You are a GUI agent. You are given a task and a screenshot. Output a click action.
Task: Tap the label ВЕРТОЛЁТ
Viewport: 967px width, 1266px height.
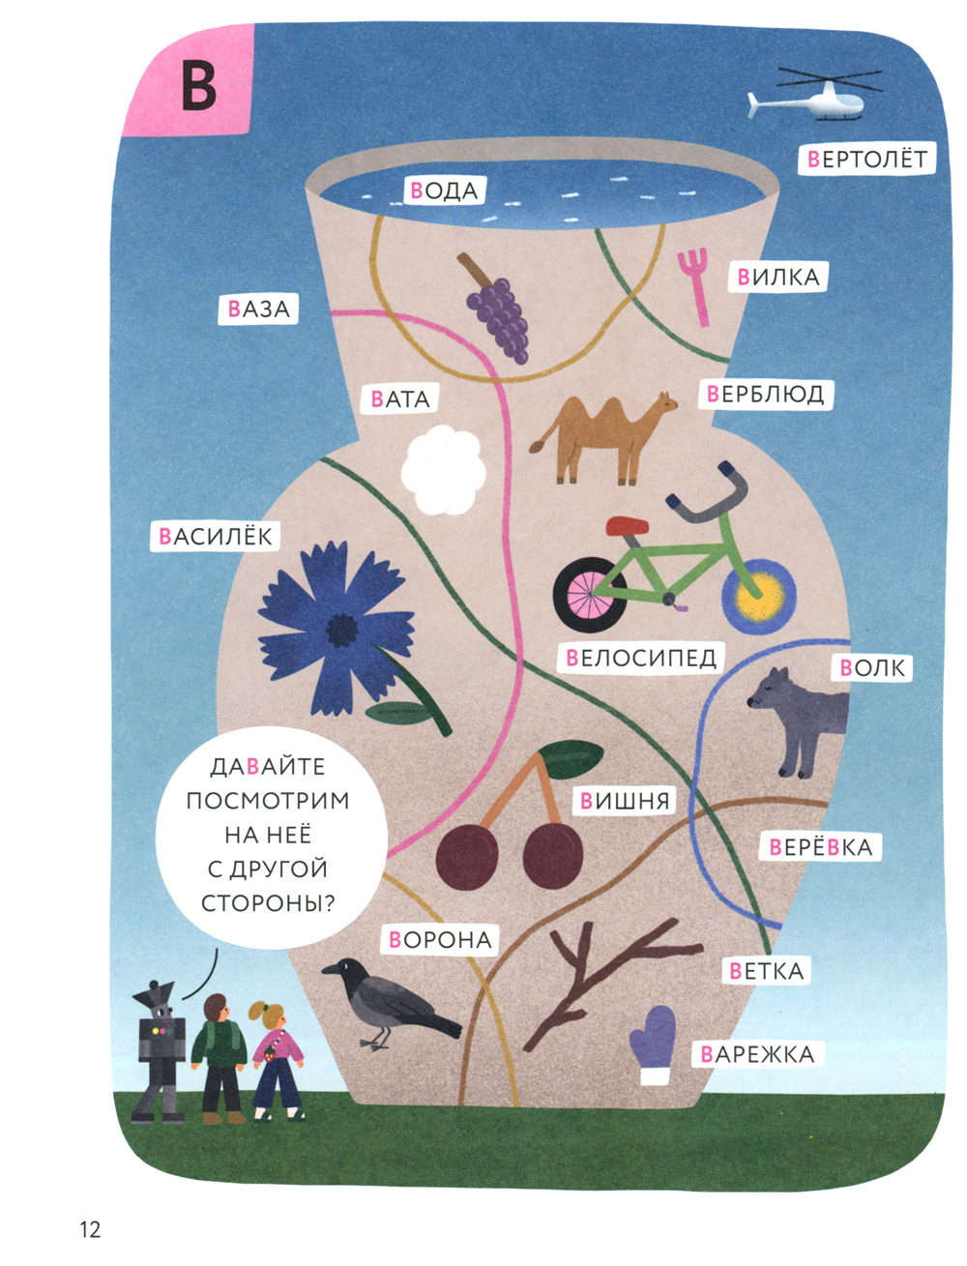[x=866, y=159]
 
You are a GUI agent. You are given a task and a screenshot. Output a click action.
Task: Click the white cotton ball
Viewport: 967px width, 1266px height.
[x=443, y=471]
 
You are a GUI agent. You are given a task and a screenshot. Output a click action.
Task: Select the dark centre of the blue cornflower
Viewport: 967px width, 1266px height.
[x=341, y=631]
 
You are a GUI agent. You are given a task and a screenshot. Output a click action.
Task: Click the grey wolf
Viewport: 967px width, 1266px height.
[x=798, y=716]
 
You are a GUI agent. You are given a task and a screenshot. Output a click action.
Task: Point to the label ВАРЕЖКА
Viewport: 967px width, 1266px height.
[x=757, y=1054]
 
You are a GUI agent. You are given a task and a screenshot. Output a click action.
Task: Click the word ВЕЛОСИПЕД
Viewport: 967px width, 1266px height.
[x=640, y=659]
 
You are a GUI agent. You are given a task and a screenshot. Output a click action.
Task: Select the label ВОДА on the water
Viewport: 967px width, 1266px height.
[x=444, y=190]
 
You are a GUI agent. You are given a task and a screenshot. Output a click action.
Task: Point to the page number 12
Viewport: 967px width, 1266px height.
[x=89, y=1230]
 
